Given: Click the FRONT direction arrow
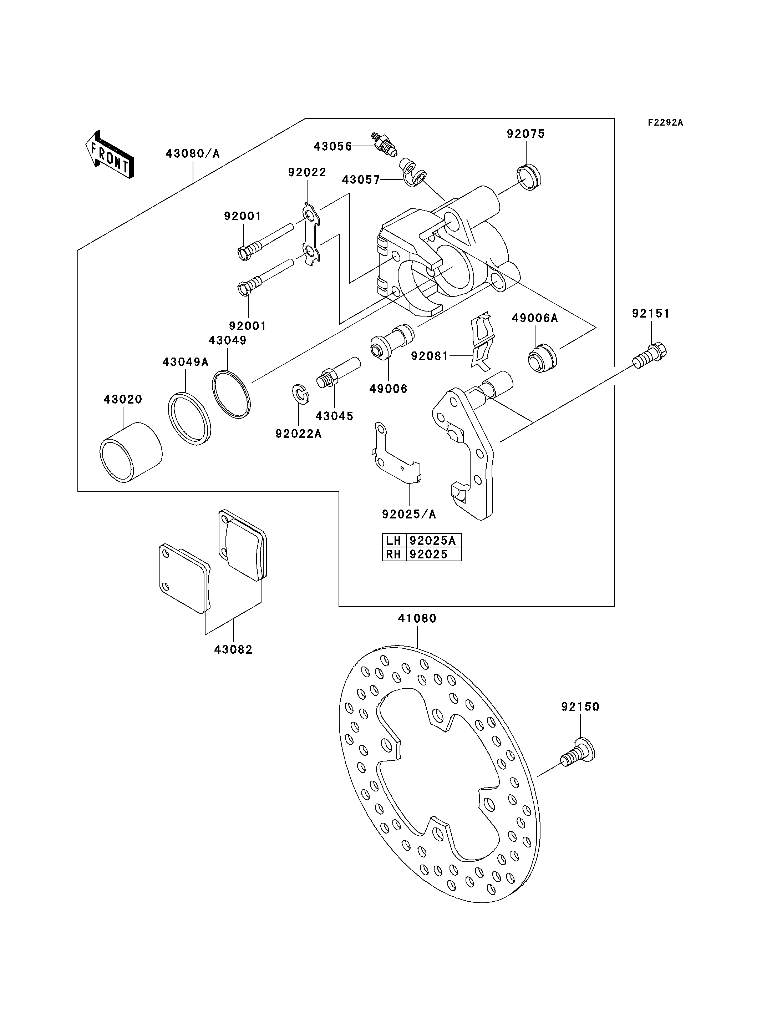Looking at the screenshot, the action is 110,154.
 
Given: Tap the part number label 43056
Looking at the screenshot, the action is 333,146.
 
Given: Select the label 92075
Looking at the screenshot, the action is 525,134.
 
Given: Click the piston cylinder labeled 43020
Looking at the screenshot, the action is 131,452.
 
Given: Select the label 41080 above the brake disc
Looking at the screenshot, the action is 417,618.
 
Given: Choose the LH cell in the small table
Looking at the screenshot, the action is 394,540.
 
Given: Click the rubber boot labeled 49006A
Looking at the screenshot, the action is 542,358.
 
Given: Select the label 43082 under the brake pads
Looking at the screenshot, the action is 233,649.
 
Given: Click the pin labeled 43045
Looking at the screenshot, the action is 339,371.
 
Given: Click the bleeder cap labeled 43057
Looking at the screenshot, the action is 412,172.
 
